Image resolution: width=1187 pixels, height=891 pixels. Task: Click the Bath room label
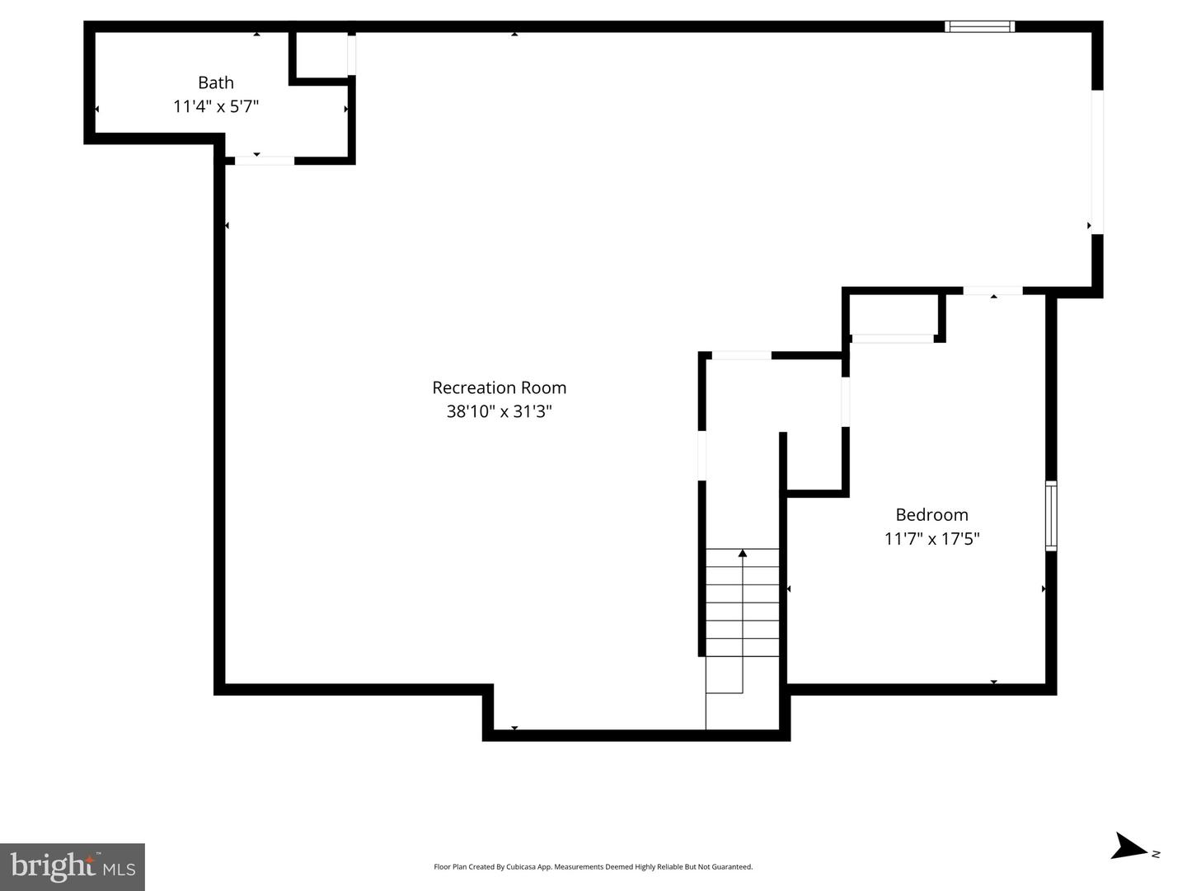216,82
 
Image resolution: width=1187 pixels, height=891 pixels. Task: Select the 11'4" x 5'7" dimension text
216,106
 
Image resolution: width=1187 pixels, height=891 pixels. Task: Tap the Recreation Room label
500,387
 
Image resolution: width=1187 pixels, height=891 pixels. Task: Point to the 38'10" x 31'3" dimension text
500,411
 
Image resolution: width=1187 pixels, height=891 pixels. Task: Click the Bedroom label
931,514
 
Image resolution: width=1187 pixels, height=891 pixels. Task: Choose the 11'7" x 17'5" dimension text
931,538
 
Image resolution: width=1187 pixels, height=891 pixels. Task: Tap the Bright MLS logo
73,866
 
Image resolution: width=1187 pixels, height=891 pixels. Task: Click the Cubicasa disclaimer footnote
593,866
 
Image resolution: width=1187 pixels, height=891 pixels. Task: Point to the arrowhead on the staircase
743,553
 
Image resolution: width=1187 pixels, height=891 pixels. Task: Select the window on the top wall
979,26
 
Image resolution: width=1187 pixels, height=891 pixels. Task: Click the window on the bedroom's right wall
1051,516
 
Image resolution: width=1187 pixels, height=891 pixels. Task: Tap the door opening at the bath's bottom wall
265,161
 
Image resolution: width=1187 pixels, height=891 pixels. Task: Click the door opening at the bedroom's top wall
992,291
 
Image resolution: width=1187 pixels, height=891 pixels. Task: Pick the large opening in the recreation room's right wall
1097,162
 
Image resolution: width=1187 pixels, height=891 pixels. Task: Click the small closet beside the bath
321,55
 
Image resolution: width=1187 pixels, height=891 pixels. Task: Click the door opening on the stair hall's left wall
702,455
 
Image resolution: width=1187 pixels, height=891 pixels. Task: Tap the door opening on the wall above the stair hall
741,355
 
